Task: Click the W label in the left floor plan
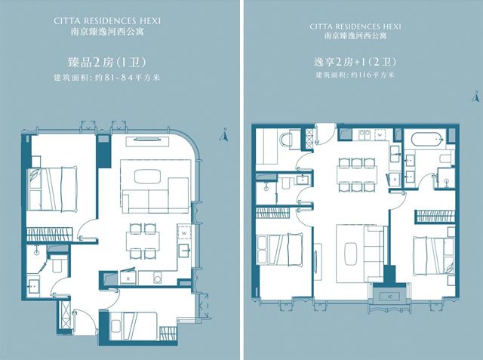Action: tap(184, 232)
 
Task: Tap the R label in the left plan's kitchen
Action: tap(128, 279)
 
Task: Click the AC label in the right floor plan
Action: tap(390, 297)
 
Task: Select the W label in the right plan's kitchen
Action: tap(380, 135)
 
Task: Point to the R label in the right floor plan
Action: tap(395, 178)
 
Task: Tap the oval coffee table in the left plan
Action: tap(147, 177)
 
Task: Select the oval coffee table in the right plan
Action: tap(350, 254)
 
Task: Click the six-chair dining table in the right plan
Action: tap(357, 175)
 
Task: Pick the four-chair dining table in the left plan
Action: tap(143, 241)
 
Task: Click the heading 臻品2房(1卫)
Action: tap(106, 63)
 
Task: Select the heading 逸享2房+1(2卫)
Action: tap(355, 62)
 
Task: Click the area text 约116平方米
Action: tap(372, 75)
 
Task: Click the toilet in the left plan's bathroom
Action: tap(57, 263)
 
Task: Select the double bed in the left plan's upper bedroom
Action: tap(52, 189)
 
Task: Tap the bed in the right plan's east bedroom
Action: tap(433, 256)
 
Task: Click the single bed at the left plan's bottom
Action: tap(133, 326)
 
